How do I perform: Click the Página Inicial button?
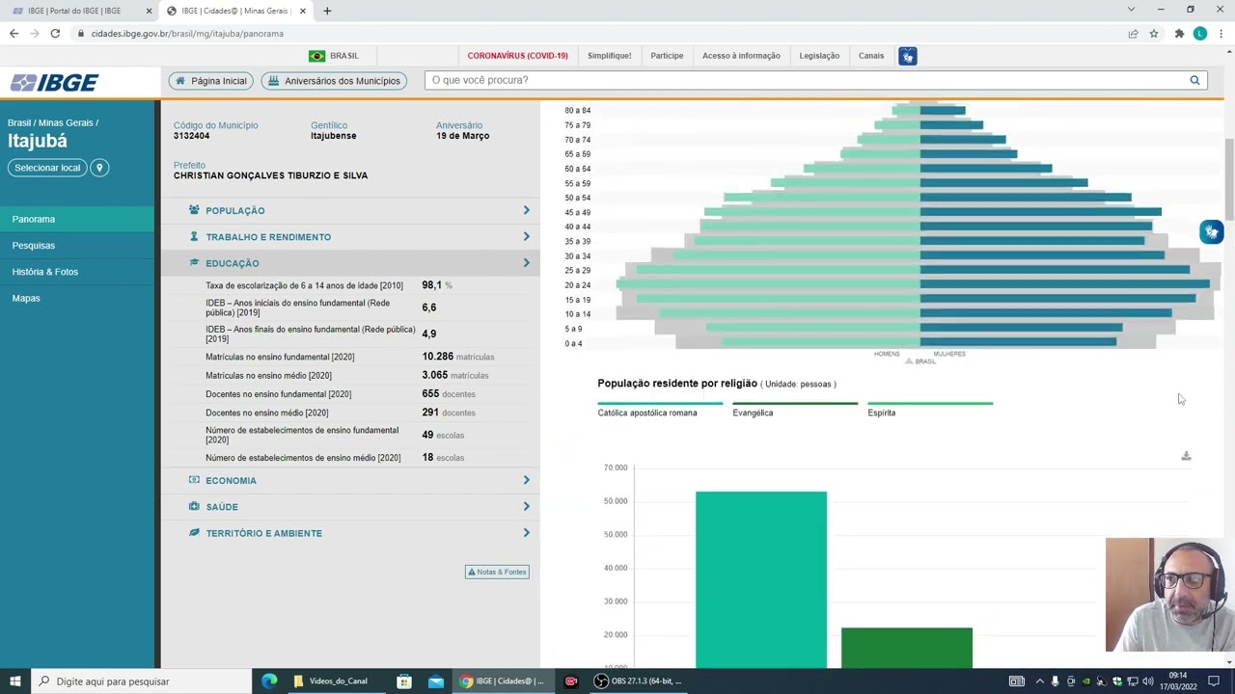[x=210, y=81]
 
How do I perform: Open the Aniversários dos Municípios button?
[x=334, y=81]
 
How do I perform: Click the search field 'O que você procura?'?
[x=806, y=80]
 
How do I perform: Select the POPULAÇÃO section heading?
[x=234, y=210]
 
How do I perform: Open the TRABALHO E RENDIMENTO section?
[x=267, y=237]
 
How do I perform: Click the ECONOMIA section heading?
[x=231, y=481]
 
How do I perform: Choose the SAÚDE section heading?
[x=221, y=507]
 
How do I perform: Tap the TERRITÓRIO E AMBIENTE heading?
[x=263, y=533]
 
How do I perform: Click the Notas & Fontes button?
[x=497, y=572]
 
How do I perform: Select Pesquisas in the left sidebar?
[x=34, y=246]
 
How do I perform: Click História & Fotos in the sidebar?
[x=45, y=272]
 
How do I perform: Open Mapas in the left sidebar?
[x=26, y=299]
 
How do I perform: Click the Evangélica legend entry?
[x=753, y=413]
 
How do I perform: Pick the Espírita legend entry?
[x=881, y=413]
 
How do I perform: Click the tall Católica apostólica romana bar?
[x=760, y=578]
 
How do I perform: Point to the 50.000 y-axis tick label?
[x=616, y=501]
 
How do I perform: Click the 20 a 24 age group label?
[x=577, y=285]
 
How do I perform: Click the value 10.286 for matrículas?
[x=437, y=357]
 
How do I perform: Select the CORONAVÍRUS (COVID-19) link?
[x=517, y=56]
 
